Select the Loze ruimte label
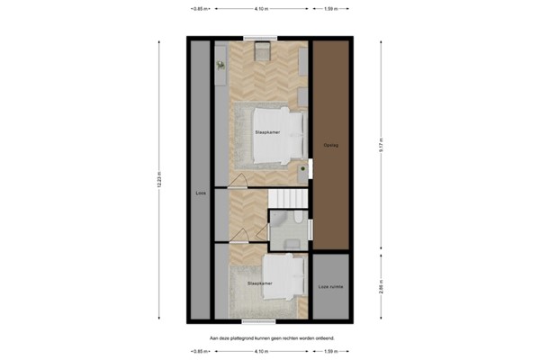(330, 287)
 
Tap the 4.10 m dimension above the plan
(261, 8)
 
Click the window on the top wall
(261, 39)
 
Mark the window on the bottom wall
(261, 319)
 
